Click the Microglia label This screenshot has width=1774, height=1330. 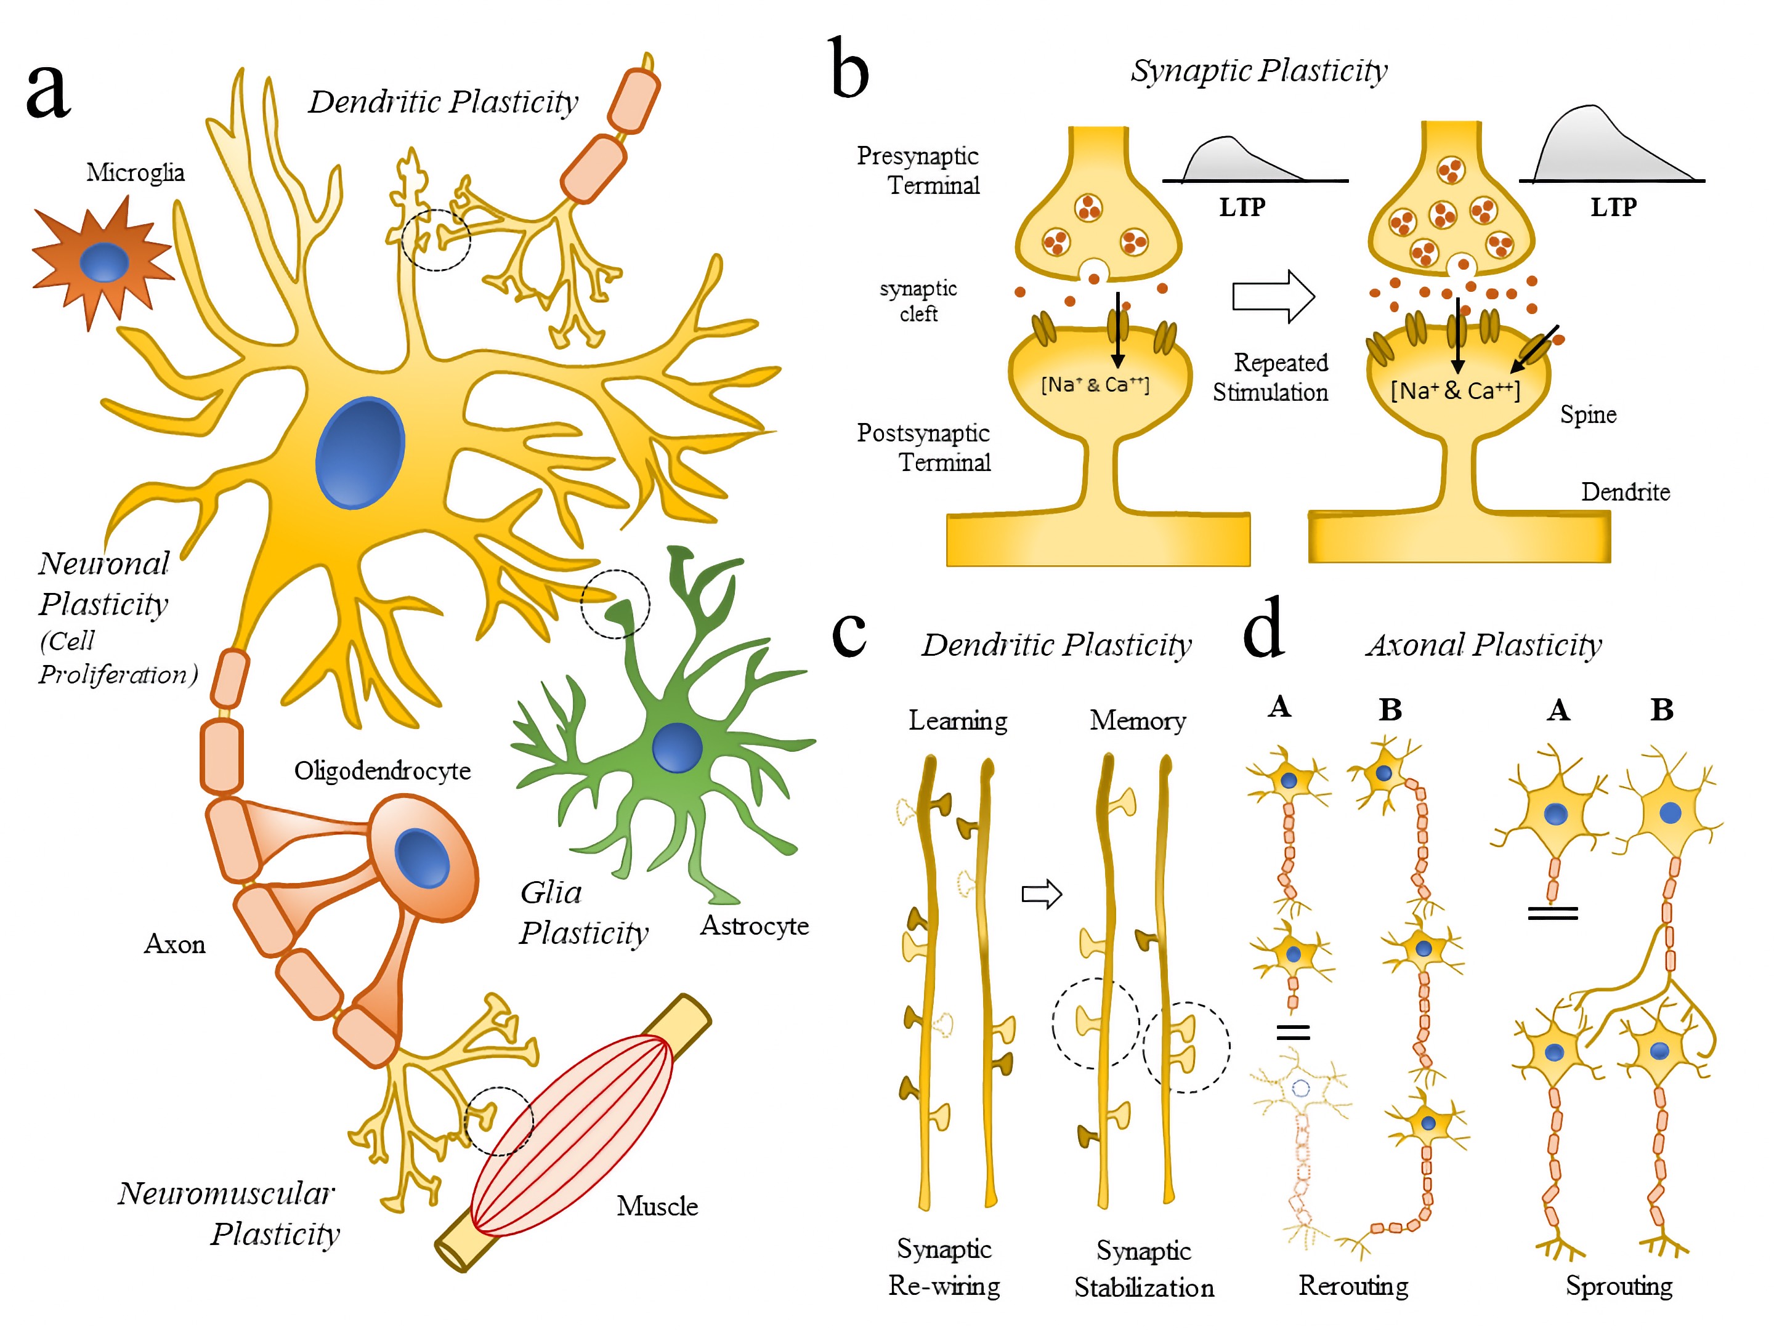[135, 172]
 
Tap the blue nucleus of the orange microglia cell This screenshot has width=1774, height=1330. [104, 262]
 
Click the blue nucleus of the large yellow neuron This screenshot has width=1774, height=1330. [360, 453]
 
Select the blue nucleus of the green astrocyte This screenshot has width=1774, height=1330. [677, 747]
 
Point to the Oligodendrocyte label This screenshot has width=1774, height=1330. [382, 770]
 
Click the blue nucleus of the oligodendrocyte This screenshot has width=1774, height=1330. [423, 858]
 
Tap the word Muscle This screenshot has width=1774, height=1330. [657, 1206]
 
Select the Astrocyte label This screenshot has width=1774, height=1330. [754, 926]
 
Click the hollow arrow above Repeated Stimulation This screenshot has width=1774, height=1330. [1273, 297]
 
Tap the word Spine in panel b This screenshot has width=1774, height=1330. [1587, 414]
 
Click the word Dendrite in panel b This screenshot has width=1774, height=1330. [1625, 491]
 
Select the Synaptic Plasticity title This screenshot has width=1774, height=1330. [1258, 71]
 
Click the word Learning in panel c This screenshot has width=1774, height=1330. [958, 720]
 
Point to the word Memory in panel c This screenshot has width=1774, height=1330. [1137, 720]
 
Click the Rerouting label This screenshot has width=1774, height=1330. [1353, 1285]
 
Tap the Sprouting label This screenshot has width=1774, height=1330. [1618, 1285]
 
